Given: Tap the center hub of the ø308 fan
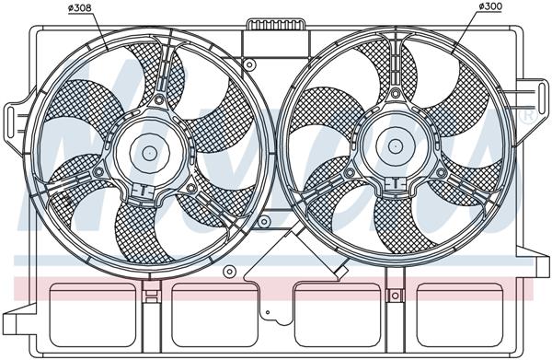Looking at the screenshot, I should pyautogui.click(x=150, y=150).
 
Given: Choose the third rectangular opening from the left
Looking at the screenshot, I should pyautogui.click(x=337, y=313).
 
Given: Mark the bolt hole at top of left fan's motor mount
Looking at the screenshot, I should pyautogui.click(x=160, y=98).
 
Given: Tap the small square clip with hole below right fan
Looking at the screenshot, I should pyautogui.click(x=396, y=295).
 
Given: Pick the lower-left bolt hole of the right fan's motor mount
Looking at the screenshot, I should pyautogui.click(x=349, y=170).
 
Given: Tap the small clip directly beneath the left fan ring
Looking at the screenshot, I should pyautogui.click(x=150, y=295).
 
